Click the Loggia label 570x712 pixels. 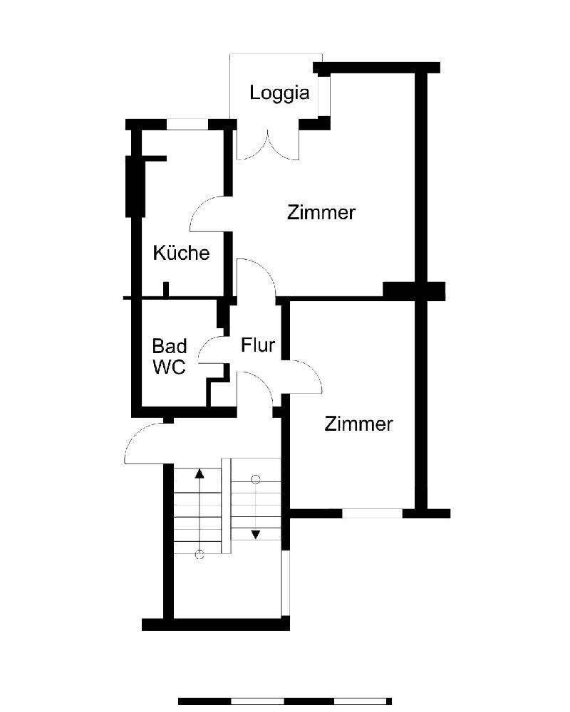[279, 93]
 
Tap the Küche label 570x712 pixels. [182, 253]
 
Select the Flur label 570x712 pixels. [258, 346]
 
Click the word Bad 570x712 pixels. [170, 347]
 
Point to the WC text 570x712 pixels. [170, 367]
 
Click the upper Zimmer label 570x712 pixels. [321, 212]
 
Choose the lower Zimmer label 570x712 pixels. [358, 424]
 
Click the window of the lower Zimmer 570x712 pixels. [372, 513]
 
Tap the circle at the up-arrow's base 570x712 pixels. [199, 555]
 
